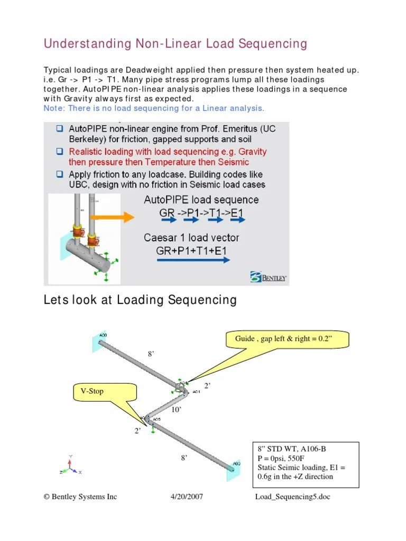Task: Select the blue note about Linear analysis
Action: pos(153,108)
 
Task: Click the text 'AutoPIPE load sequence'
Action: pos(201,200)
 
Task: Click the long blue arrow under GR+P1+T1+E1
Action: pos(193,259)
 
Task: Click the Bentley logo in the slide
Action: pos(269,277)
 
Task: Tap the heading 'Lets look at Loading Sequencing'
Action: pos(140,301)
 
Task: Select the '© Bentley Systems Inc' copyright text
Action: pos(80,497)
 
